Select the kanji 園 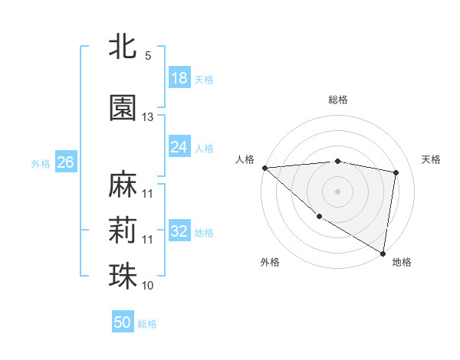click(x=123, y=108)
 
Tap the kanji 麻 click(x=123, y=185)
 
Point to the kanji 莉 click(x=123, y=231)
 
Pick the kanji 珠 click(x=123, y=277)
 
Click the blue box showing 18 click(x=179, y=78)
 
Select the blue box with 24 click(x=179, y=147)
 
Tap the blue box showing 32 click(x=179, y=231)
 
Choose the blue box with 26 click(x=65, y=162)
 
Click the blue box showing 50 click(x=123, y=322)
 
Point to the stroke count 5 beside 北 click(x=148, y=56)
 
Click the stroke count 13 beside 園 click(x=148, y=117)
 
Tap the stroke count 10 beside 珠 click(x=148, y=285)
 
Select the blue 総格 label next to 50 click(x=147, y=324)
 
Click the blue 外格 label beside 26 click(x=41, y=163)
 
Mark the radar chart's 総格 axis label click(x=338, y=100)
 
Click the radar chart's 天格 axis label click(x=431, y=159)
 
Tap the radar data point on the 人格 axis click(x=264, y=168)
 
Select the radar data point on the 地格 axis click(x=383, y=252)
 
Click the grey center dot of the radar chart click(x=338, y=191)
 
